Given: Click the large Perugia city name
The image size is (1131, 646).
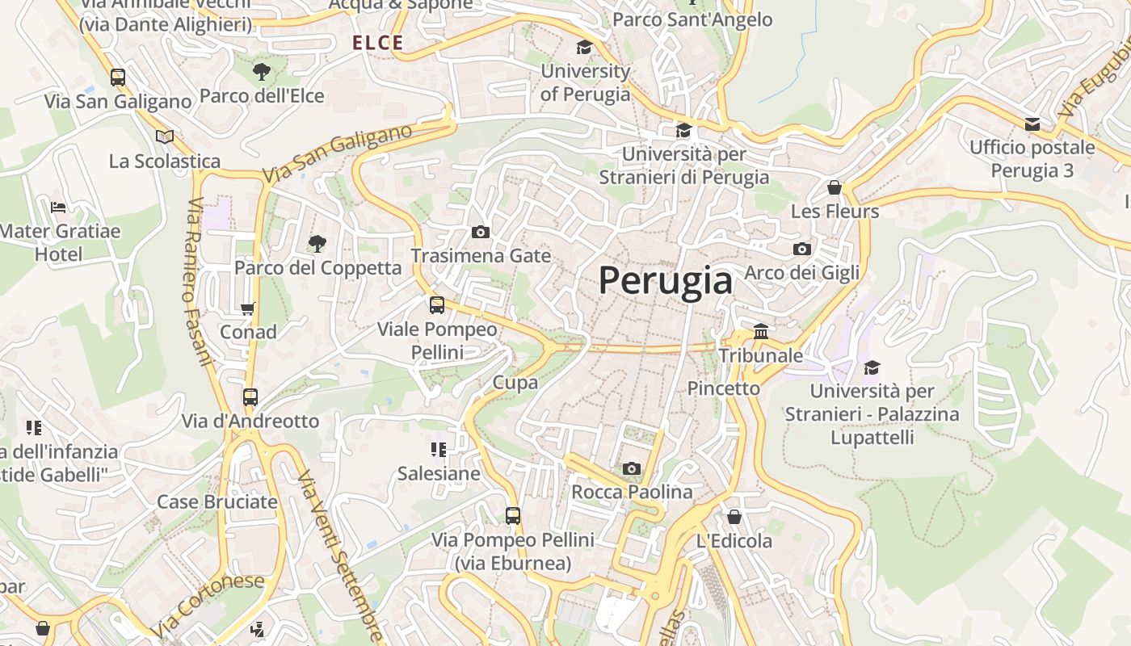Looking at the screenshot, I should (666, 280).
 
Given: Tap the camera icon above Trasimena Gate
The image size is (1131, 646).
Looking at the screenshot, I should (481, 233).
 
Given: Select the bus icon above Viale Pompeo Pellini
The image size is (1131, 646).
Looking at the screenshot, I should (437, 305).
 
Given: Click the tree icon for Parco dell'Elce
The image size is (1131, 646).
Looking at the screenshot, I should (262, 72).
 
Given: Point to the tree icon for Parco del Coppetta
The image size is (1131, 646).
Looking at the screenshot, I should (317, 243).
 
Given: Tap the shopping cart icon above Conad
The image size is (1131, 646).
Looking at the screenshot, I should (248, 308).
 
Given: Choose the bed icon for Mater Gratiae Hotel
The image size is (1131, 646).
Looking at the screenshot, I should (58, 208).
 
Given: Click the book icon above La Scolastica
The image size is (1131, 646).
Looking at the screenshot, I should (165, 136).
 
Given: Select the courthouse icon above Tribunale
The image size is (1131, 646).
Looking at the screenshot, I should (760, 331).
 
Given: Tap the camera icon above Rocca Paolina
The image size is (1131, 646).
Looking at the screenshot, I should (632, 468).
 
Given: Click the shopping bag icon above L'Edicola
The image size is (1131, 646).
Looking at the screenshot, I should (734, 517).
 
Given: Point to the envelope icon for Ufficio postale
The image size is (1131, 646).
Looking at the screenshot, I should (1032, 124).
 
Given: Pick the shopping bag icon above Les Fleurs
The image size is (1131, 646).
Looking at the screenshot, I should (835, 187).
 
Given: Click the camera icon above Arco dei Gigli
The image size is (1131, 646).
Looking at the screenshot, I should (801, 249).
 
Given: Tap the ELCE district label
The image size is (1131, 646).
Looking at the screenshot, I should (378, 44).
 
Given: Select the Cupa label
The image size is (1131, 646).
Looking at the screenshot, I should (515, 383).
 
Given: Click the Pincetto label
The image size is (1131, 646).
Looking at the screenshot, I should (723, 388).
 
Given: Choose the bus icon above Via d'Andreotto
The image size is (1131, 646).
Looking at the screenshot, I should (250, 397).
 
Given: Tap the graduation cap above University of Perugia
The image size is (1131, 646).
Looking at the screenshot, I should (584, 48).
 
